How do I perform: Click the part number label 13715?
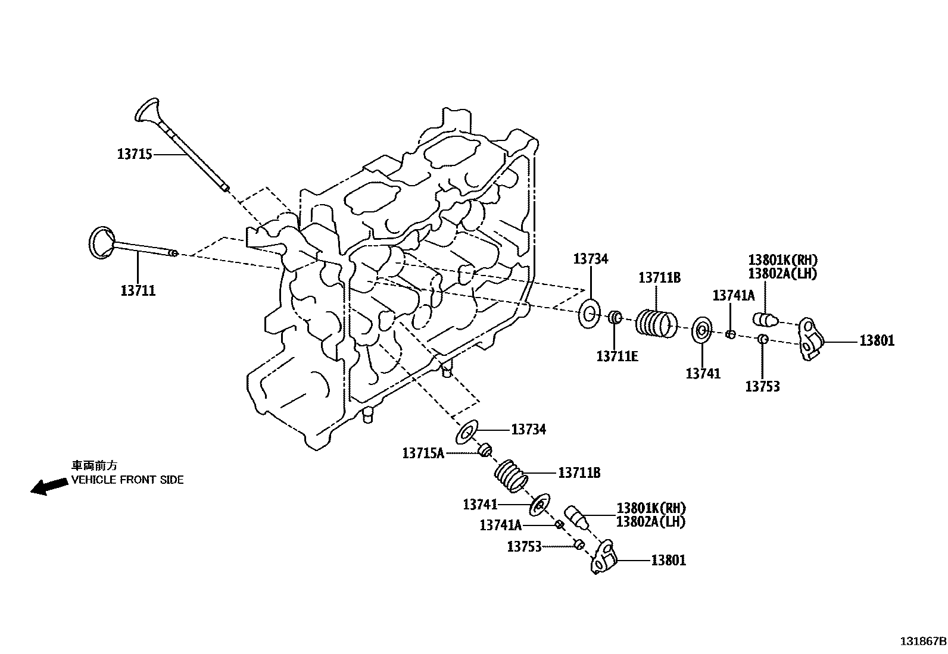[x=135, y=154]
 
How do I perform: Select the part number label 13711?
[x=138, y=290]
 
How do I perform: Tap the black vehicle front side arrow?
[x=49, y=486]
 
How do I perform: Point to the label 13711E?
[x=617, y=356]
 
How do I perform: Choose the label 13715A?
[x=423, y=453]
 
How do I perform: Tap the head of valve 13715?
[x=146, y=111]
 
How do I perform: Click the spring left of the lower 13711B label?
[x=511, y=476]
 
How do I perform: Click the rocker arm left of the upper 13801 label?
[x=810, y=339]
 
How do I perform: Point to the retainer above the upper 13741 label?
[x=701, y=330]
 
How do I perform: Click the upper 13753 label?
[x=762, y=387]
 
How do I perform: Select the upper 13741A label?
[x=733, y=295]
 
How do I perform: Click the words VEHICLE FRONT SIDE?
[x=127, y=480]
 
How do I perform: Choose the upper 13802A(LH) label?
[x=782, y=273]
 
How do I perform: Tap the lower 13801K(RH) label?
[x=651, y=508]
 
